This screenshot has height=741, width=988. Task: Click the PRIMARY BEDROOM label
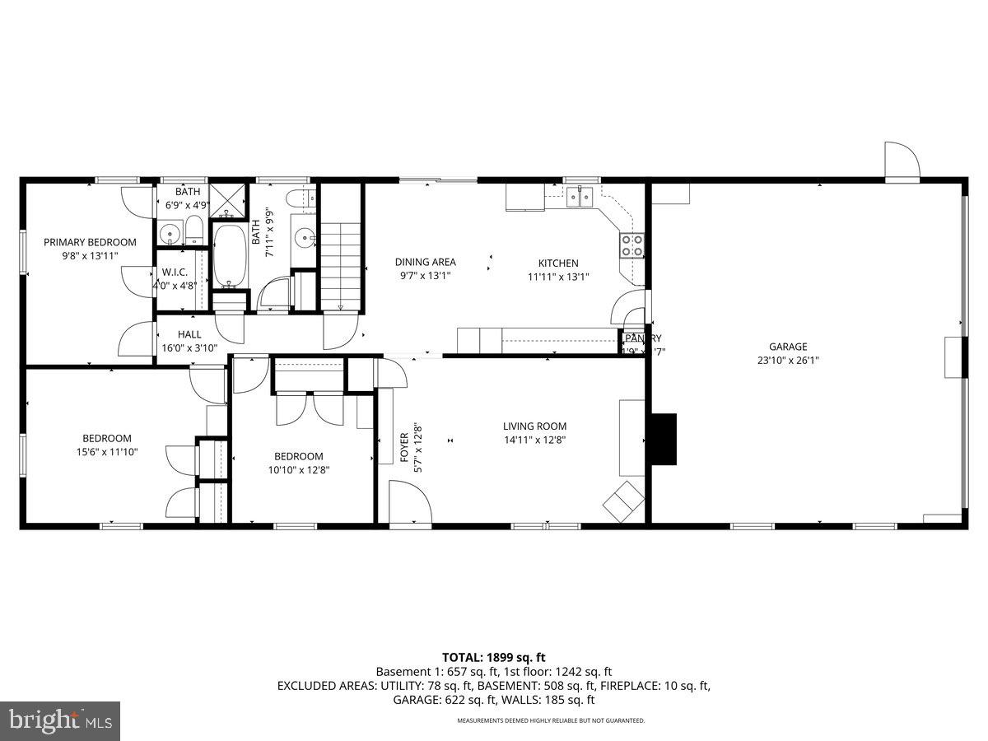pyautogui.click(x=90, y=242)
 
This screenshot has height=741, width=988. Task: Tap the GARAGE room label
pyautogui.click(x=788, y=347)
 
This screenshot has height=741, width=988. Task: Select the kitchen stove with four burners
pyautogui.click(x=632, y=245)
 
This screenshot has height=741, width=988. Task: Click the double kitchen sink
pyautogui.click(x=580, y=196)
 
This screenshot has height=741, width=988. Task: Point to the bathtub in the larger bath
pyautogui.click(x=230, y=255)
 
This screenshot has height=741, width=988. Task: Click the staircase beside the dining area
pyautogui.click(x=341, y=263)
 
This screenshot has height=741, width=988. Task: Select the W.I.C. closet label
pyautogui.click(x=175, y=272)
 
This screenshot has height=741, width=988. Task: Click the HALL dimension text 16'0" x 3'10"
pyautogui.click(x=189, y=348)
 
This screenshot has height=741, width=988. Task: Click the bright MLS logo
pyautogui.click(x=60, y=721)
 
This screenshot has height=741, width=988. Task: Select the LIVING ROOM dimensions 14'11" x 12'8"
pyautogui.click(x=535, y=440)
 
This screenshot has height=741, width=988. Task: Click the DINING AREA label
pyautogui.click(x=425, y=263)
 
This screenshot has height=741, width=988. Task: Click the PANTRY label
pyautogui.click(x=643, y=338)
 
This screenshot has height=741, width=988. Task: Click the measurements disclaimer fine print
pyautogui.click(x=551, y=720)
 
